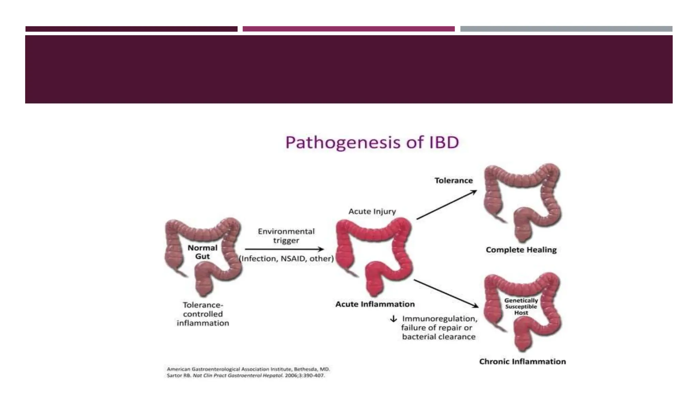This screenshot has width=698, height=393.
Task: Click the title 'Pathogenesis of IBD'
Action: click(x=372, y=143)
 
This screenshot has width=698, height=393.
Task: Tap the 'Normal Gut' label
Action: click(x=202, y=252)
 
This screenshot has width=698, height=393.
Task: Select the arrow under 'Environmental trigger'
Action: click(x=284, y=249)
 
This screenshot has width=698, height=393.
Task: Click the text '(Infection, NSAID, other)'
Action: click(x=286, y=259)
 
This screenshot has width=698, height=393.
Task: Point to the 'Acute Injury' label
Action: click(x=372, y=212)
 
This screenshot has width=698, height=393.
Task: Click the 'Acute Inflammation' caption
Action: click(x=375, y=304)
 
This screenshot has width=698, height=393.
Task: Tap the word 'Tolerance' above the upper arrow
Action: click(x=453, y=180)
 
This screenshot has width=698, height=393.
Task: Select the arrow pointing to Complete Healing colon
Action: click(x=446, y=205)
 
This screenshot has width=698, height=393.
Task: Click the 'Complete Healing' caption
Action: click(x=521, y=250)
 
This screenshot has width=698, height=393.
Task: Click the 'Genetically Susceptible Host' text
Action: click(x=521, y=306)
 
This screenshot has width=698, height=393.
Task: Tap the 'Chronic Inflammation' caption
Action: click(x=522, y=362)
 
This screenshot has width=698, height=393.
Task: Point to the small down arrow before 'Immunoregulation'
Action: click(x=393, y=319)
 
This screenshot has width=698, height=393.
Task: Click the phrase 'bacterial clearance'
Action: click(x=439, y=337)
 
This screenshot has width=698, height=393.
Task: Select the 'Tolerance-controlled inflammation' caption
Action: click(x=203, y=314)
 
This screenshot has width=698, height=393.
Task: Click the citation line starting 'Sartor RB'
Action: click(x=245, y=376)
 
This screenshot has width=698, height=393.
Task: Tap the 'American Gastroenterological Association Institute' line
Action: click(x=248, y=369)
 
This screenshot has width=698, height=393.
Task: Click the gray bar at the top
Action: click(x=566, y=29)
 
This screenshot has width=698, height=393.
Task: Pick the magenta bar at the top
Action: click(x=348, y=29)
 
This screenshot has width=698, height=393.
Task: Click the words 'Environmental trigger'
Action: click(x=286, y=236)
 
